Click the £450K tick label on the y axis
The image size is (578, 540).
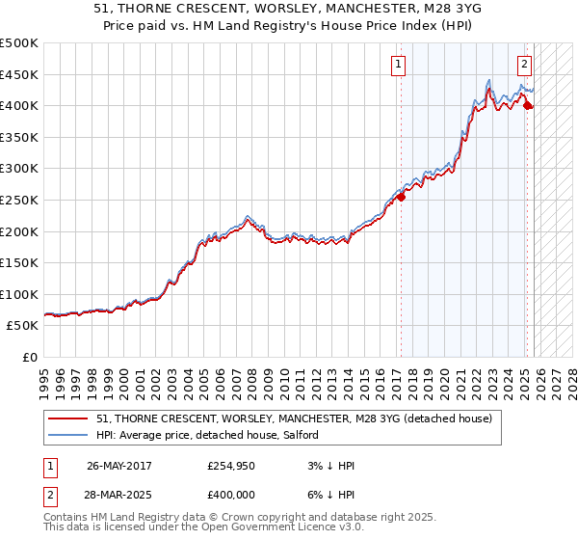19,74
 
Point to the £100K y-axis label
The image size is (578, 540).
19,294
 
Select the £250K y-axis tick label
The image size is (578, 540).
19,200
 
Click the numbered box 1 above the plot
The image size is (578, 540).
398,65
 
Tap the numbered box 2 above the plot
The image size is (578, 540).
524,65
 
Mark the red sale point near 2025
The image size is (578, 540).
527,105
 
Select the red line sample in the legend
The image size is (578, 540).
68,418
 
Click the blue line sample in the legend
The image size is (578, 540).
68,436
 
